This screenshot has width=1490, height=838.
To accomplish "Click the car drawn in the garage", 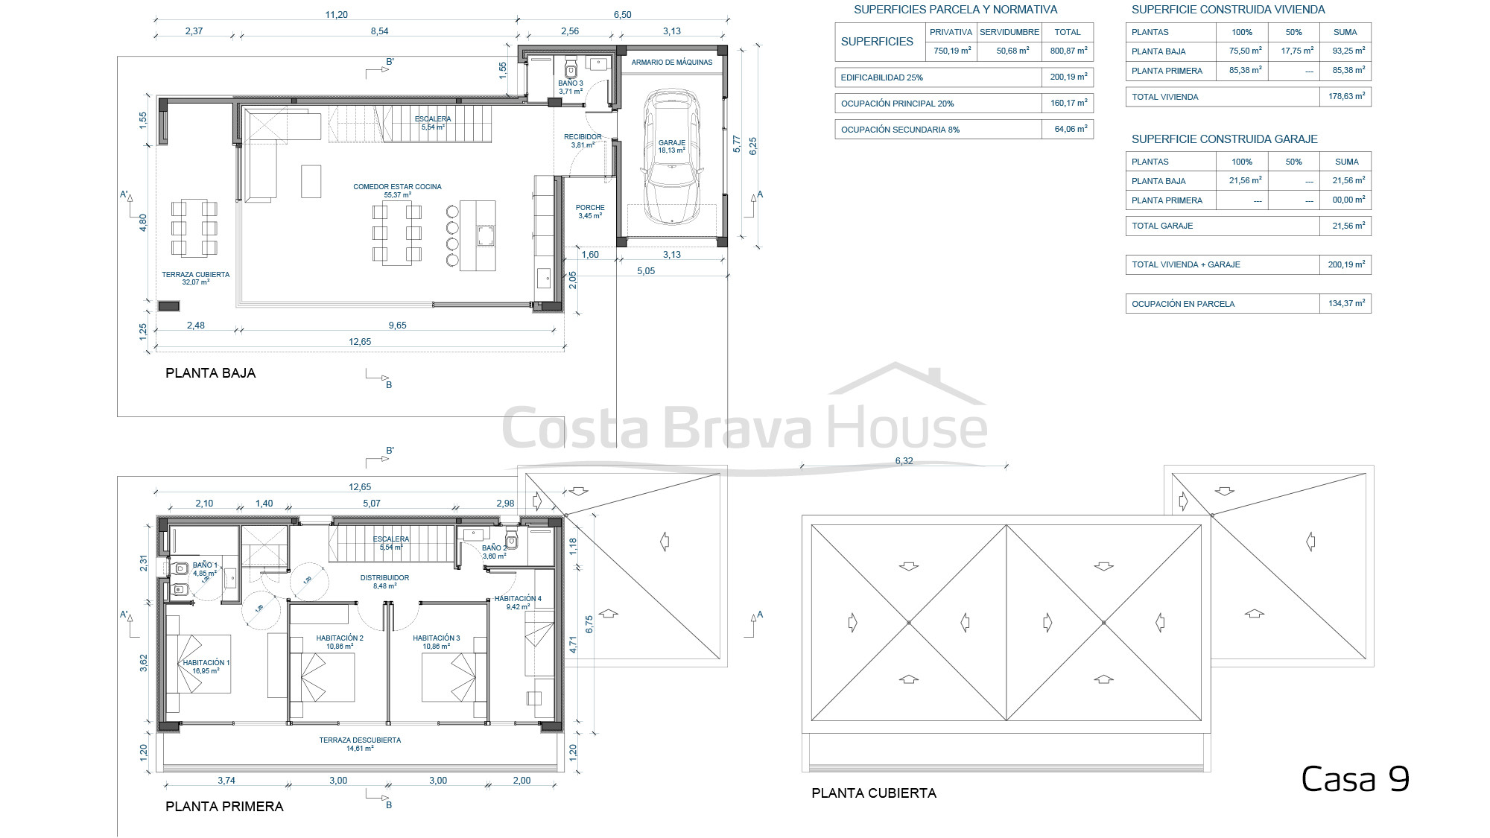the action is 673,157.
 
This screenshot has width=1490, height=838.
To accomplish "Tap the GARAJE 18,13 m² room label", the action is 672,146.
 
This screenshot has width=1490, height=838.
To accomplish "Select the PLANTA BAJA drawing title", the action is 211,373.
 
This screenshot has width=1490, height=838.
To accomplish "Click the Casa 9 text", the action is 1355,779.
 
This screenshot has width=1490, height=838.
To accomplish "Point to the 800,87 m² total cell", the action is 1068,51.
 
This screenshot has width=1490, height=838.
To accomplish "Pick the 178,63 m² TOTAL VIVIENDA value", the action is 1346,96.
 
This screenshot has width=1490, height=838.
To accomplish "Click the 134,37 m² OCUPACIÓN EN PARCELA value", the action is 1346,303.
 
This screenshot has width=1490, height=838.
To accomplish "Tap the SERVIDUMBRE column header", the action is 1009,32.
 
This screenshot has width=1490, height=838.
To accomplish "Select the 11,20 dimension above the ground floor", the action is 337,15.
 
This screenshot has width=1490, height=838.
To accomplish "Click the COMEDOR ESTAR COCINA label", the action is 397,187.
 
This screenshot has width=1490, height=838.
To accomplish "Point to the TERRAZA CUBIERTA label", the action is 196,275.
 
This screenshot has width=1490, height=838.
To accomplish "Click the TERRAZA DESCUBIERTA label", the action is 360,740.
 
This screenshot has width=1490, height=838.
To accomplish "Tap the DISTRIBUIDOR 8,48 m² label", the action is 384,582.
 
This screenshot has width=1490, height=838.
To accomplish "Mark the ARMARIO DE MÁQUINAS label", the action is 672,63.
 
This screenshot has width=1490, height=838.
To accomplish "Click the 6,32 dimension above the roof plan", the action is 904,461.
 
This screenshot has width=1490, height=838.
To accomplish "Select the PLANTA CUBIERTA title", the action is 874,793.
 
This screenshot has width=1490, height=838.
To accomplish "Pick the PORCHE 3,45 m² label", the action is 590,212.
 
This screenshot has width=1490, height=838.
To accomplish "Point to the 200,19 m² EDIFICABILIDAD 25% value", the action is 1068,77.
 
